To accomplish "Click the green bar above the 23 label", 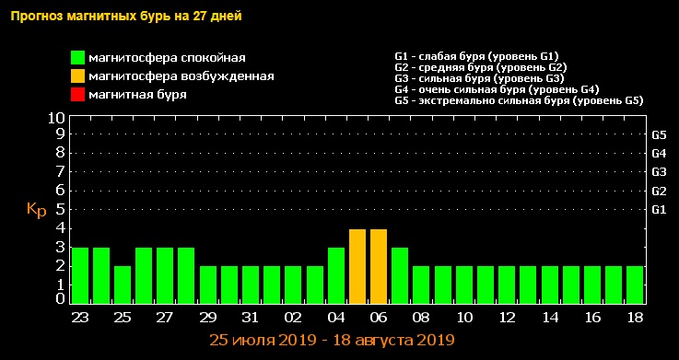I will [x=80, y=275].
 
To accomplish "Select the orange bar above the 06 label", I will [x=379, y=266].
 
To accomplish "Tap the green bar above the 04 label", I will [x=336, y=275].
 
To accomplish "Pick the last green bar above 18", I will [x=634, y=285].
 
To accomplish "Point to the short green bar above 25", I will [x=123, y=285].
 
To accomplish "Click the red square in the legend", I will [x=78, y=94].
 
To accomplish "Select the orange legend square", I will [x=78, y=76].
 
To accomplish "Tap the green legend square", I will [x=78, y=59].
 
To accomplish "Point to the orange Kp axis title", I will [x=36, y=210].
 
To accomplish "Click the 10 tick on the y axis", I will [x=56, y=119].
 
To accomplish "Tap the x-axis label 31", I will [x=250, y=316].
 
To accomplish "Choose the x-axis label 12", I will [x=507, y=316].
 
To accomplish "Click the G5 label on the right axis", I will [x=659, y=134].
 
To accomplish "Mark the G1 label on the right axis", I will [x=659, y=210].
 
